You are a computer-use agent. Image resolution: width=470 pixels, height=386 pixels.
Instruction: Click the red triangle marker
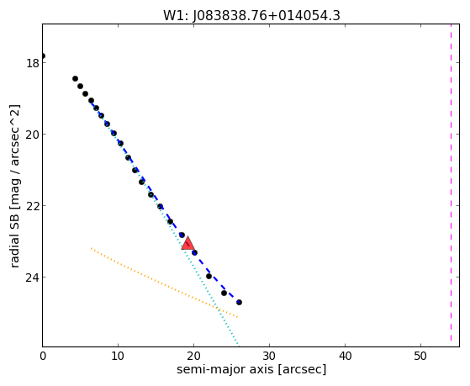187,244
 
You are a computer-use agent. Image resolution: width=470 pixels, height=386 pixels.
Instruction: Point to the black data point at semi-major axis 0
43,56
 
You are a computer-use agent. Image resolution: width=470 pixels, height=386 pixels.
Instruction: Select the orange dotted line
164,283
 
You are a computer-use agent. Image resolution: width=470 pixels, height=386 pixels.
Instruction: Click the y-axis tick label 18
32,63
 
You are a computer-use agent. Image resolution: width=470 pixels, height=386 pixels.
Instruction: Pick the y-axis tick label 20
32,135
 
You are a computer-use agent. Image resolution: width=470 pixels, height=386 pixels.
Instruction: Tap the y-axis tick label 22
32,206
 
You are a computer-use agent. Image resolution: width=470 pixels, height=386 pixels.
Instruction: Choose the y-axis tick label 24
32,278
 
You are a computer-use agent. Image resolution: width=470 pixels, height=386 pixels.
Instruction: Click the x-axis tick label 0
43,356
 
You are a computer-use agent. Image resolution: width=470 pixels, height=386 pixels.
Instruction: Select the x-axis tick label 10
118,356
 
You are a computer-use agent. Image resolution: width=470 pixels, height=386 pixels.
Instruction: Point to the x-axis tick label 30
269,356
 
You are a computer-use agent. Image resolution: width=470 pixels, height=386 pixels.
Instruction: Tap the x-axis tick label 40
345,356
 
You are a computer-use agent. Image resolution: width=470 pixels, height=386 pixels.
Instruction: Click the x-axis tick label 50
420,356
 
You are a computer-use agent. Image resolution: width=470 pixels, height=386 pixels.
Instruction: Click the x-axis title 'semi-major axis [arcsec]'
251,369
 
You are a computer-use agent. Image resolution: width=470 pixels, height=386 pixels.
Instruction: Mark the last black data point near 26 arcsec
239,302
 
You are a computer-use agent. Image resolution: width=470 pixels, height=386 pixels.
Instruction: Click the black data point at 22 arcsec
209,276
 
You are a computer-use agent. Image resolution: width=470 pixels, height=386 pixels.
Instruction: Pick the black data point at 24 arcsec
224,293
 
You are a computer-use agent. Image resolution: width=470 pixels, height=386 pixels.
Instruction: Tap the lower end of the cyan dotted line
238,346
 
